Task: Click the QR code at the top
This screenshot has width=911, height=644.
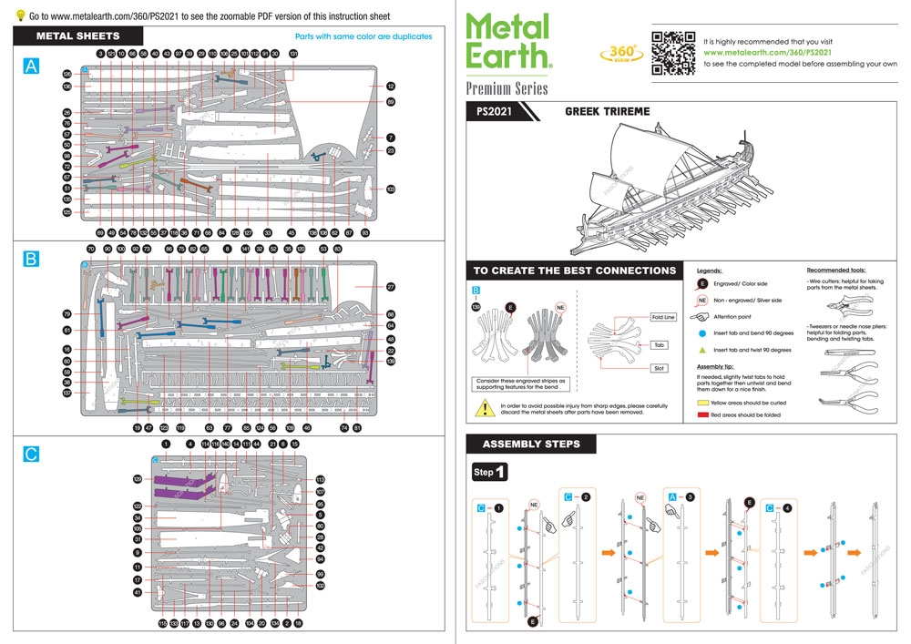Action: (670, 52)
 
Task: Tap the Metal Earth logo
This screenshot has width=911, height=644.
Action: (508, 42)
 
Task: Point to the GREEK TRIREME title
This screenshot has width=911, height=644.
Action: (608, 111)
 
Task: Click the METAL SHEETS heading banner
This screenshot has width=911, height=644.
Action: (77, 36)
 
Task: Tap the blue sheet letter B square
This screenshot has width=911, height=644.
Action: (31, 260)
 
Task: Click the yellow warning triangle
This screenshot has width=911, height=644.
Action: (482, 409)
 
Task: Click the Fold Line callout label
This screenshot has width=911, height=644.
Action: (663, 317)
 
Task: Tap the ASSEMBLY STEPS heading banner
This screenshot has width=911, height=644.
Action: (529, 445)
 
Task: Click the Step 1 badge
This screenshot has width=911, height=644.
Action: (490, 473)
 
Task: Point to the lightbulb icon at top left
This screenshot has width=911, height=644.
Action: (20, 15)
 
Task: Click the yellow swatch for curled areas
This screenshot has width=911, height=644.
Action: (703, 402)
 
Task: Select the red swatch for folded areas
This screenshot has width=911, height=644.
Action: (703, 414)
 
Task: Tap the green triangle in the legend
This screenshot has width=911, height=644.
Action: (702, 350)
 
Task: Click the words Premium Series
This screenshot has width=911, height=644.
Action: (507, 88)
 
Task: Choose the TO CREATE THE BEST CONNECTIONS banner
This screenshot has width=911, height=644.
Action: (575, 271)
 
